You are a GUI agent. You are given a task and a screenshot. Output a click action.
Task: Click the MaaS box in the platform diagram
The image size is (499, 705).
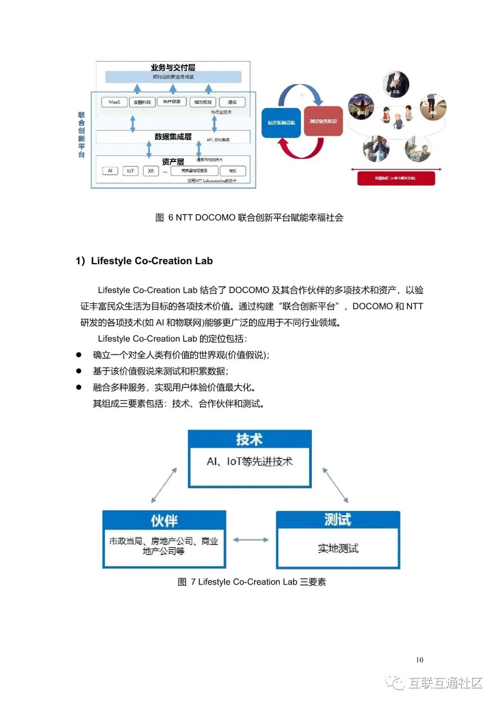pyautogui.click(x=114, y=102)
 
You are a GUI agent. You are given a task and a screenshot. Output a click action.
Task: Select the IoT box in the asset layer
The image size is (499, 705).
pyautogui.click(x=130, y=171)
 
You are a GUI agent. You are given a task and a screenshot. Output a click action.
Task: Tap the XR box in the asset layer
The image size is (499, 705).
pyautogui.click(x=151, y=171)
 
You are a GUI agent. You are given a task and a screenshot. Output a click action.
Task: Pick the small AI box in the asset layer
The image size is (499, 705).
pyautogui.click(x=110, y=171)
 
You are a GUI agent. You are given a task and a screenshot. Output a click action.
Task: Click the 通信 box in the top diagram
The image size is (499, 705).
pyautogui.click(x=232, y=102)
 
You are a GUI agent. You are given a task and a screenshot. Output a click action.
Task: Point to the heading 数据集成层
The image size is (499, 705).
pyautogui.click(x=173, y=137)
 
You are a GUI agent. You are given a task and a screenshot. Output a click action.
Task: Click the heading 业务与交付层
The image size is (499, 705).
pyautogui.click(x=173, y=67)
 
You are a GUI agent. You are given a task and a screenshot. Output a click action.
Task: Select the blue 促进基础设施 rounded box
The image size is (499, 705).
pyautogui.click(x=281, y=122)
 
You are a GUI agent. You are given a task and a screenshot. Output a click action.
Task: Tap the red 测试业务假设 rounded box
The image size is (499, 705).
pyautogui.click(x=323, y=122)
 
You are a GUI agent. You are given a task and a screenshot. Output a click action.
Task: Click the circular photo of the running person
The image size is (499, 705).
pyautogui.click(x=433, y=107)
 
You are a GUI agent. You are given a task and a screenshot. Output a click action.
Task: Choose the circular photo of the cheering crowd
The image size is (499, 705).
pyautogui.click(x=361, y=107)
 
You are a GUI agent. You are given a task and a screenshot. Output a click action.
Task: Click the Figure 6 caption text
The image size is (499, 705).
pyautogui.click(x=249, y=218)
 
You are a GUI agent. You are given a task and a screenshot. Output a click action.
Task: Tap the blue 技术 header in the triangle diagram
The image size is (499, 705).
pyautogui.click(x=249, y=439)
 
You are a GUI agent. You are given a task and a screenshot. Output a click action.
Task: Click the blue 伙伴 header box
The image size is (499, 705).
pyautogui.click(x=164, y=521)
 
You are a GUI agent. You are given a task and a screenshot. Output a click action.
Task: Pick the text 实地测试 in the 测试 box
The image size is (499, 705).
pyautogui.click(x=338, y=548)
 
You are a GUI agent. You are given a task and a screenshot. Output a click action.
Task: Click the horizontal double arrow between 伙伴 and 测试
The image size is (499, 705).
pyautogui.click(x=250, y=540)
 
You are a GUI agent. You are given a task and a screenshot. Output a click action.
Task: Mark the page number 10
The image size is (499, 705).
pyautogui.click(x=419, y=660)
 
